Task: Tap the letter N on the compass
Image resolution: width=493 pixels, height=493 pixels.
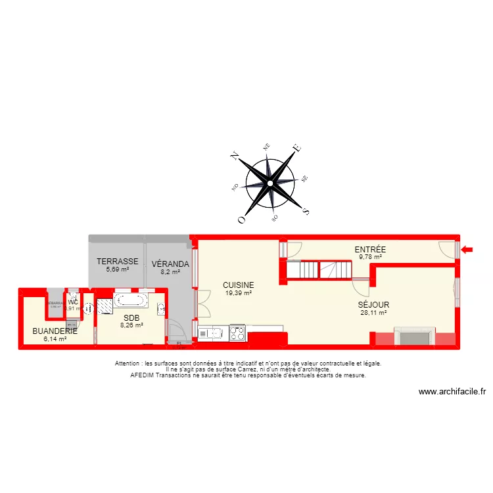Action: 234,156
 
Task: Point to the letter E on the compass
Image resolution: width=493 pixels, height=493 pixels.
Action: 297,149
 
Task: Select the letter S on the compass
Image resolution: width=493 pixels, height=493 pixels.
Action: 305,212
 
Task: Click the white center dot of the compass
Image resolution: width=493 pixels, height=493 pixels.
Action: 270,184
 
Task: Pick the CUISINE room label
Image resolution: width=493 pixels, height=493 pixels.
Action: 238,285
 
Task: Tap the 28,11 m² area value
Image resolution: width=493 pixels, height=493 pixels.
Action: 373,313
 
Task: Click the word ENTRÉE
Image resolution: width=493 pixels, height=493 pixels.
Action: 370,250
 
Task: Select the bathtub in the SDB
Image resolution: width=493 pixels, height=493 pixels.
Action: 130,301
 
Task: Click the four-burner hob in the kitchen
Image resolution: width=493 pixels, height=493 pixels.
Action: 237,333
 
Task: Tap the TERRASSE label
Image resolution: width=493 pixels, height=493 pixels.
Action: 118,261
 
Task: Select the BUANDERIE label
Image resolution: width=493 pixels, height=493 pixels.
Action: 55,331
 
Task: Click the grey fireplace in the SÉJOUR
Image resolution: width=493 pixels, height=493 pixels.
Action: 413,338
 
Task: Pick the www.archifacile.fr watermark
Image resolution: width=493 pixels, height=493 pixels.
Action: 452,392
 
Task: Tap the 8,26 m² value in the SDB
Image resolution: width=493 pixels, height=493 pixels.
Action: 131,325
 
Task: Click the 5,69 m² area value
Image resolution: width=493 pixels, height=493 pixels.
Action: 118,269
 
